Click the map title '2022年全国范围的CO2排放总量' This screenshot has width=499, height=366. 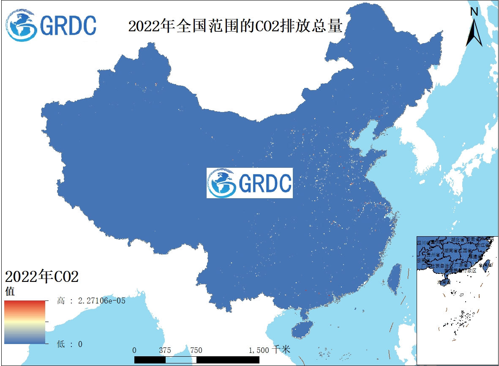(x=235, y=26)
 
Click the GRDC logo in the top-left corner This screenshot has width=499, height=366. (x=51, y=25)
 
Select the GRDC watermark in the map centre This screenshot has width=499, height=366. (x=249, y=183)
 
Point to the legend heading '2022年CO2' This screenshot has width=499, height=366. (x=42, y=277)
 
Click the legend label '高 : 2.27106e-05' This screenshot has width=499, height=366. (x=91, y=301)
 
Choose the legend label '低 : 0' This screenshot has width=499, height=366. (x=70, y=344)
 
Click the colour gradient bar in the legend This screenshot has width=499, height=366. (x=25, y=322)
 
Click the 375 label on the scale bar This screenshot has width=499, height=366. (x=165, y=350)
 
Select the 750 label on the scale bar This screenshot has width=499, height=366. (x=196, y=350)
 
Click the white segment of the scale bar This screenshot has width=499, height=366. (x=181, y=360)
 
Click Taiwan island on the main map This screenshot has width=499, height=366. (x=395, y=279)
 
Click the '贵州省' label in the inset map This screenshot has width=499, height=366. (x=433, y=255)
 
